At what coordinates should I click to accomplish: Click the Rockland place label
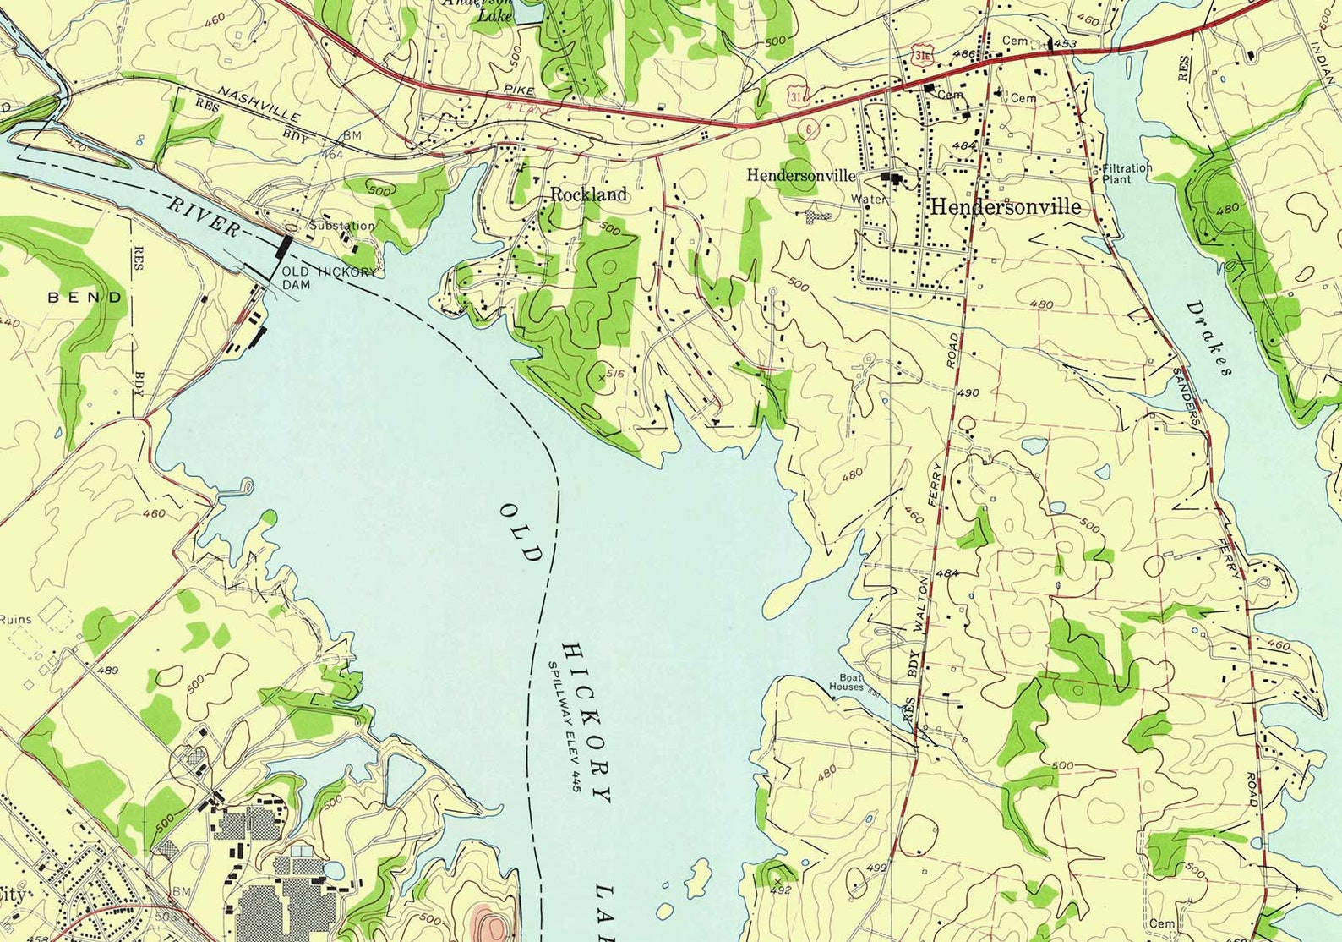coord(589,194)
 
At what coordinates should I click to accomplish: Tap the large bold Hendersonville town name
coord(1005,206)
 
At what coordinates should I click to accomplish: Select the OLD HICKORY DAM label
coord(328,277)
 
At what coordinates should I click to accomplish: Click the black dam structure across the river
coord(285,245)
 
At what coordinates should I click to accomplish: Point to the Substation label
coord(341,226)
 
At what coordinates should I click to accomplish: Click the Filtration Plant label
coord(1127,173)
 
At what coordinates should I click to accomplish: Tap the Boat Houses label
coord(846,682)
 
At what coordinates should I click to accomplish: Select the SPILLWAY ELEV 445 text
coord(565,723)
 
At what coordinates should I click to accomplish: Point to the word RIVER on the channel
coord(203,216)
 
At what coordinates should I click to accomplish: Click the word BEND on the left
coord(85,298)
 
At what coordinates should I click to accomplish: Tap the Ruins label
coord(15,619)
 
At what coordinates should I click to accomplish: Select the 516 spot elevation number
coord(614,373)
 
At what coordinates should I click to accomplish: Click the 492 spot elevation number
coord(781,890)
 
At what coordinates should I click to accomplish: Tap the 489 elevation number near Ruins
coord(108,671)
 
